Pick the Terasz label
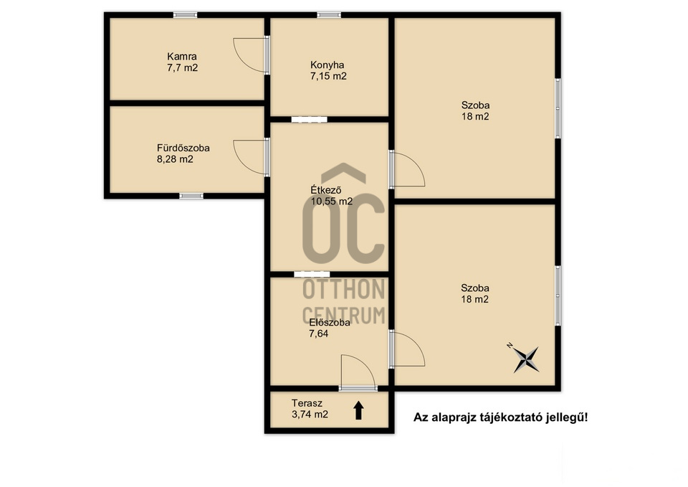coord(307,403)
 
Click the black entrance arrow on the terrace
coord(358,410)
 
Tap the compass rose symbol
coord(525,359)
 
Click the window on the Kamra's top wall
coord(185,15)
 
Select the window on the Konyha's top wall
coord(329,15)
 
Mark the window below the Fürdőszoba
coord(191,196)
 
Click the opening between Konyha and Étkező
coord(310,119)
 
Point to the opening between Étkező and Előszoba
coord(312,274)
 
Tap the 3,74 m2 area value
coord(310,414)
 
